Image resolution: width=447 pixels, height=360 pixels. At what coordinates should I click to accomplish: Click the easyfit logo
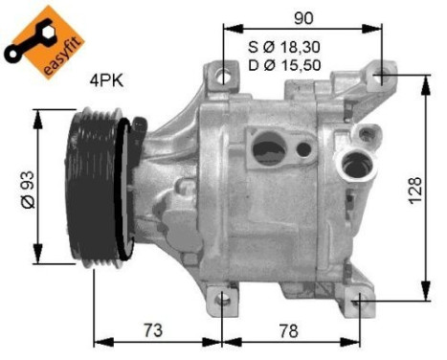(x=36, y=36)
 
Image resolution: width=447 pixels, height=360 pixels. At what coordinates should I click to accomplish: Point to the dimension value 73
(x=152, y=330)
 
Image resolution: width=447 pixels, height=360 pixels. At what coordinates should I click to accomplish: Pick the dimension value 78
(x=288, y=330)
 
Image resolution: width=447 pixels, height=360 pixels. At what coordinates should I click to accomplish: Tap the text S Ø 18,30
(x=284, y=47)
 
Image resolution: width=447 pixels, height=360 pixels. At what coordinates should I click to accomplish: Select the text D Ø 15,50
(x=284, y=65)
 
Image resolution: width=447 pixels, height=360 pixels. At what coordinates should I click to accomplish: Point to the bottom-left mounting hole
(x=221, y=303)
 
